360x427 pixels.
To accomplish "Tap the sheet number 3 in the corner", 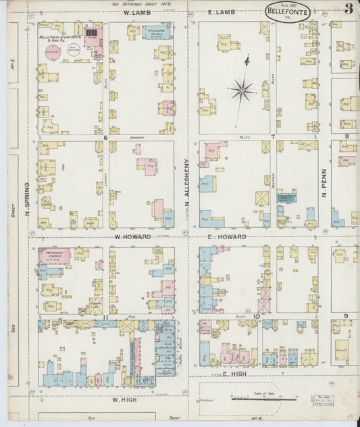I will (x=348, y=9).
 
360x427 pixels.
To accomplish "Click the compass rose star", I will (x=242, y=89).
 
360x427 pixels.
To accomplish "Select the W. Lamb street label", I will (x=135, y=13).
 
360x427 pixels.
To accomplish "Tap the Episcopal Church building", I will (x=156, y=31).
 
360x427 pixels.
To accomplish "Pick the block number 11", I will (x=105, y=316).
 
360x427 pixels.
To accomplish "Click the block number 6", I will (x=106, y=137).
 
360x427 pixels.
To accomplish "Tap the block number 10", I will (x=257, y=316).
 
